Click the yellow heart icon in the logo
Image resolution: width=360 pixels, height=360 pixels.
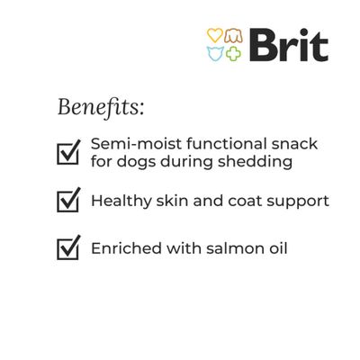(214, 36)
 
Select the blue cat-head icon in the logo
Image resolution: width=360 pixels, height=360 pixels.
(214, 53)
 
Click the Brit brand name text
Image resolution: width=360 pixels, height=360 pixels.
(287, 45)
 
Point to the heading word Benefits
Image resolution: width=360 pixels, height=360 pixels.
(100, 107)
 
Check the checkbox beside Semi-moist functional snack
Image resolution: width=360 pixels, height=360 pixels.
(68, 152)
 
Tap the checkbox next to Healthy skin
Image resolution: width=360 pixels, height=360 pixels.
(68, 201)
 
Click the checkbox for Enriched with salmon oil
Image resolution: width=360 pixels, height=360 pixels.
(68, 247)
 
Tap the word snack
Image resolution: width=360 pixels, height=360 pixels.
(297, 144)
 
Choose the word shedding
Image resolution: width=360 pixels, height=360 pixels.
(247, 163)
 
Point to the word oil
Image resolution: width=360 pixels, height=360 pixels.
(275, 247)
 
